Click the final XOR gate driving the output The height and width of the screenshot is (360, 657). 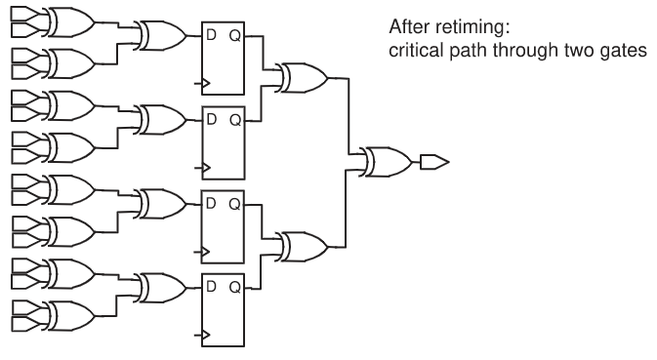point(382,160)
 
